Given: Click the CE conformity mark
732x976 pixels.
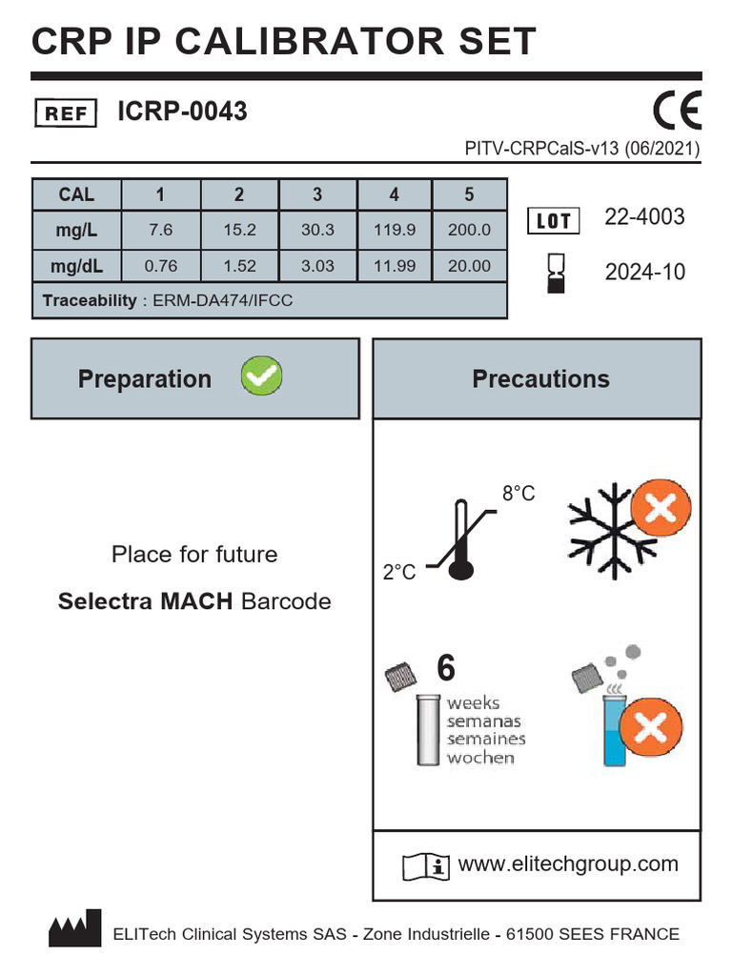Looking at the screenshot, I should pos(677,111).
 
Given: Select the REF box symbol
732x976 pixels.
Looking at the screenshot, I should pos(66,113).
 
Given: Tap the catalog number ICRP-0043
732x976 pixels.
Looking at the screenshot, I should pos(182,112).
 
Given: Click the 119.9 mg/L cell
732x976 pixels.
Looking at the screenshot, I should pos(395,230).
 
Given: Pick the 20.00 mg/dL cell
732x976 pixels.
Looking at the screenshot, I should pos(469,266).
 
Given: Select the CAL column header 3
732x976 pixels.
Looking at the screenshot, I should pos(317,194).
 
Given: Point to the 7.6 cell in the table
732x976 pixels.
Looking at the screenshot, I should pos(160,230).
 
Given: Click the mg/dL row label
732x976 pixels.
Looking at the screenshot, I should pos(76,266).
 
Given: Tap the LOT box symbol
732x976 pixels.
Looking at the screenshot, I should pos(554,221).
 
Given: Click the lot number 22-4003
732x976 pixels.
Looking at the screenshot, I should pos(644,217).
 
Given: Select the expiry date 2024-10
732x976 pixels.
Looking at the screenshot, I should pos(644,273).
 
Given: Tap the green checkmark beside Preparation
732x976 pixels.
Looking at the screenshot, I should pos(260,377).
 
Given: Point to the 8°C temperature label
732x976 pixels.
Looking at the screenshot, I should pos(518,494).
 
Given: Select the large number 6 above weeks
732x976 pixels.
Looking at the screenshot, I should pos(445,669).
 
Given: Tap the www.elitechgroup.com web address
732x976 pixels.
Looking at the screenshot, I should pos(568,864).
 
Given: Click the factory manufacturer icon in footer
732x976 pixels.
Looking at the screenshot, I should pos(74,929).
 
